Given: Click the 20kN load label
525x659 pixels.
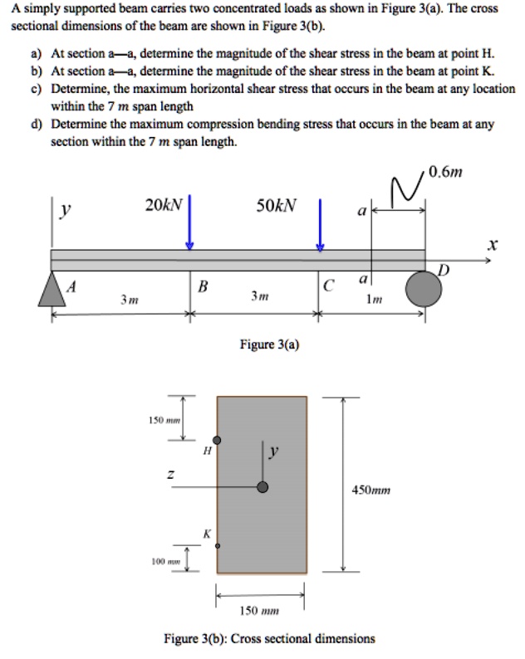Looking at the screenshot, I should (x=162, y=205).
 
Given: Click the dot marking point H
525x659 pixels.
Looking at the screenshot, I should (x=218, y=440).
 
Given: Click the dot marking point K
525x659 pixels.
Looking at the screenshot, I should (x=218, y=546).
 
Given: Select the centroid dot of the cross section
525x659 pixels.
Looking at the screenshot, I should (x=262, y=487).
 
